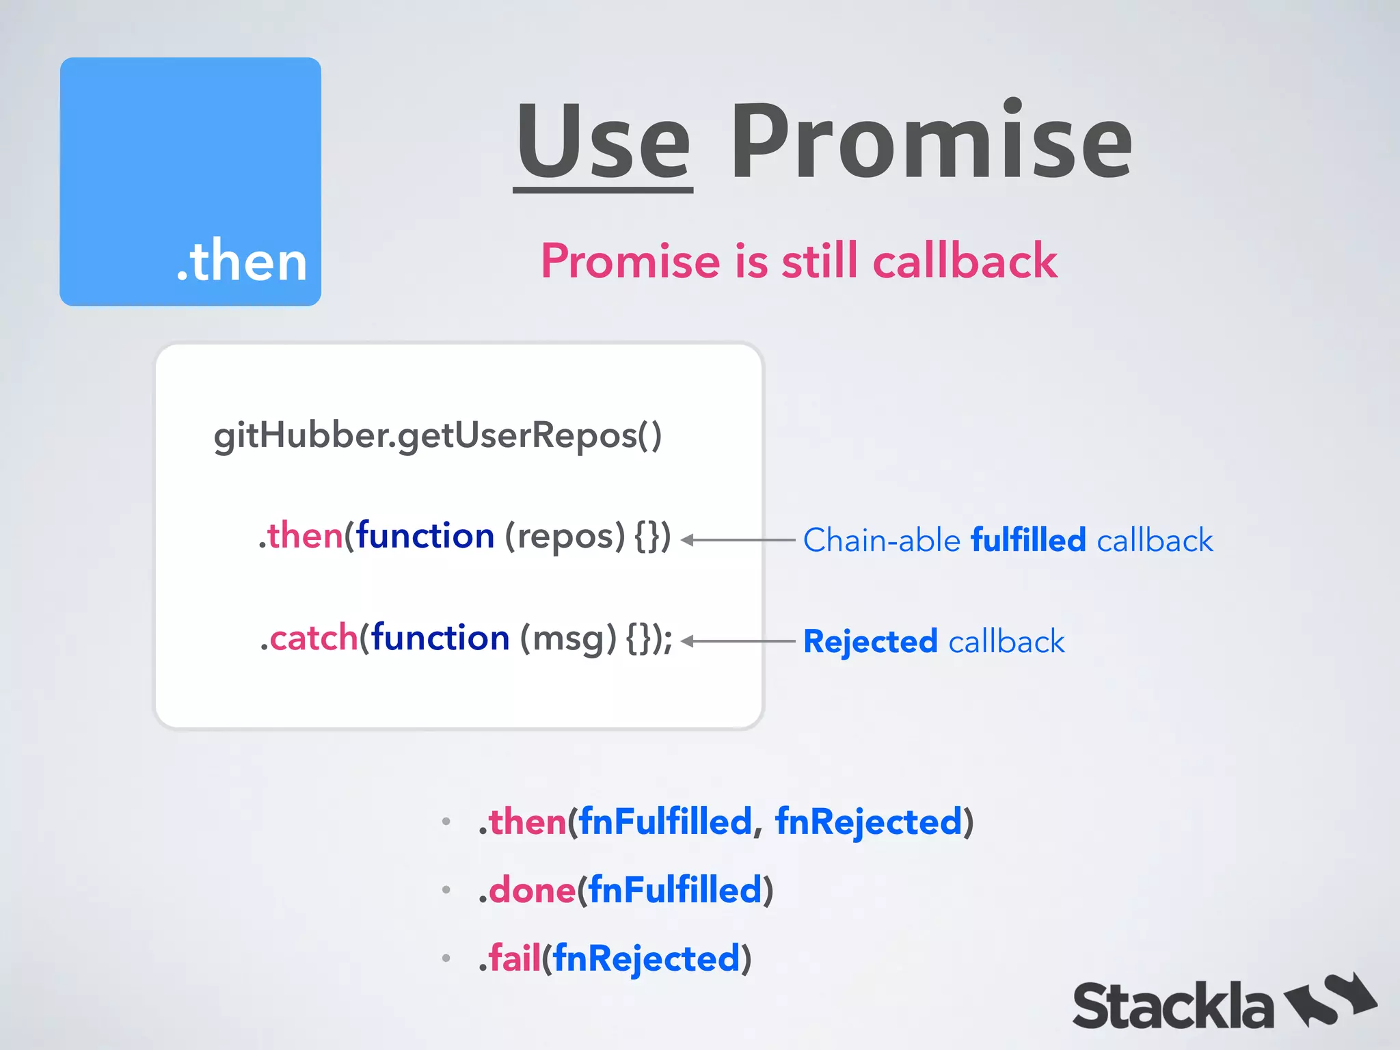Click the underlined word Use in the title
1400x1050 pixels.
click(x=604, y=142)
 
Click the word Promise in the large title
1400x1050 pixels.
click(x=931, y=142)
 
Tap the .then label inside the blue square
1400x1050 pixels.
click(x=241, y=261)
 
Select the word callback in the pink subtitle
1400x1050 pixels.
click(x=965, y=261)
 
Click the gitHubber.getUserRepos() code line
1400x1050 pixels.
click(x=437, y=435)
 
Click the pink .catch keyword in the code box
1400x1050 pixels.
click(x=309, y=638)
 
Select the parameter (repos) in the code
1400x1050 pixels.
click(x=565, y=536)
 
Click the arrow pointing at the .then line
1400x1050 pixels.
click(x=738, y=540)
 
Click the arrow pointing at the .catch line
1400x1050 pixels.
click(x=738, y=641)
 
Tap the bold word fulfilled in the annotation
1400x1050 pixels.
click(x=1028, y=540)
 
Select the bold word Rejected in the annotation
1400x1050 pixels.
click(x=870, y=641)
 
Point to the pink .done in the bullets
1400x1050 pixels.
click(x=527, y=890)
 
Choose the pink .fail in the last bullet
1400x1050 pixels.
click(x=510, y=958)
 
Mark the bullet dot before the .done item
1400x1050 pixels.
click(x=446, y=890)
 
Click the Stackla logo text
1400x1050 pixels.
click(x=1172, y=1006)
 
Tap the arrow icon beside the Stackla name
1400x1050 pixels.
click(x=1330, y=999)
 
